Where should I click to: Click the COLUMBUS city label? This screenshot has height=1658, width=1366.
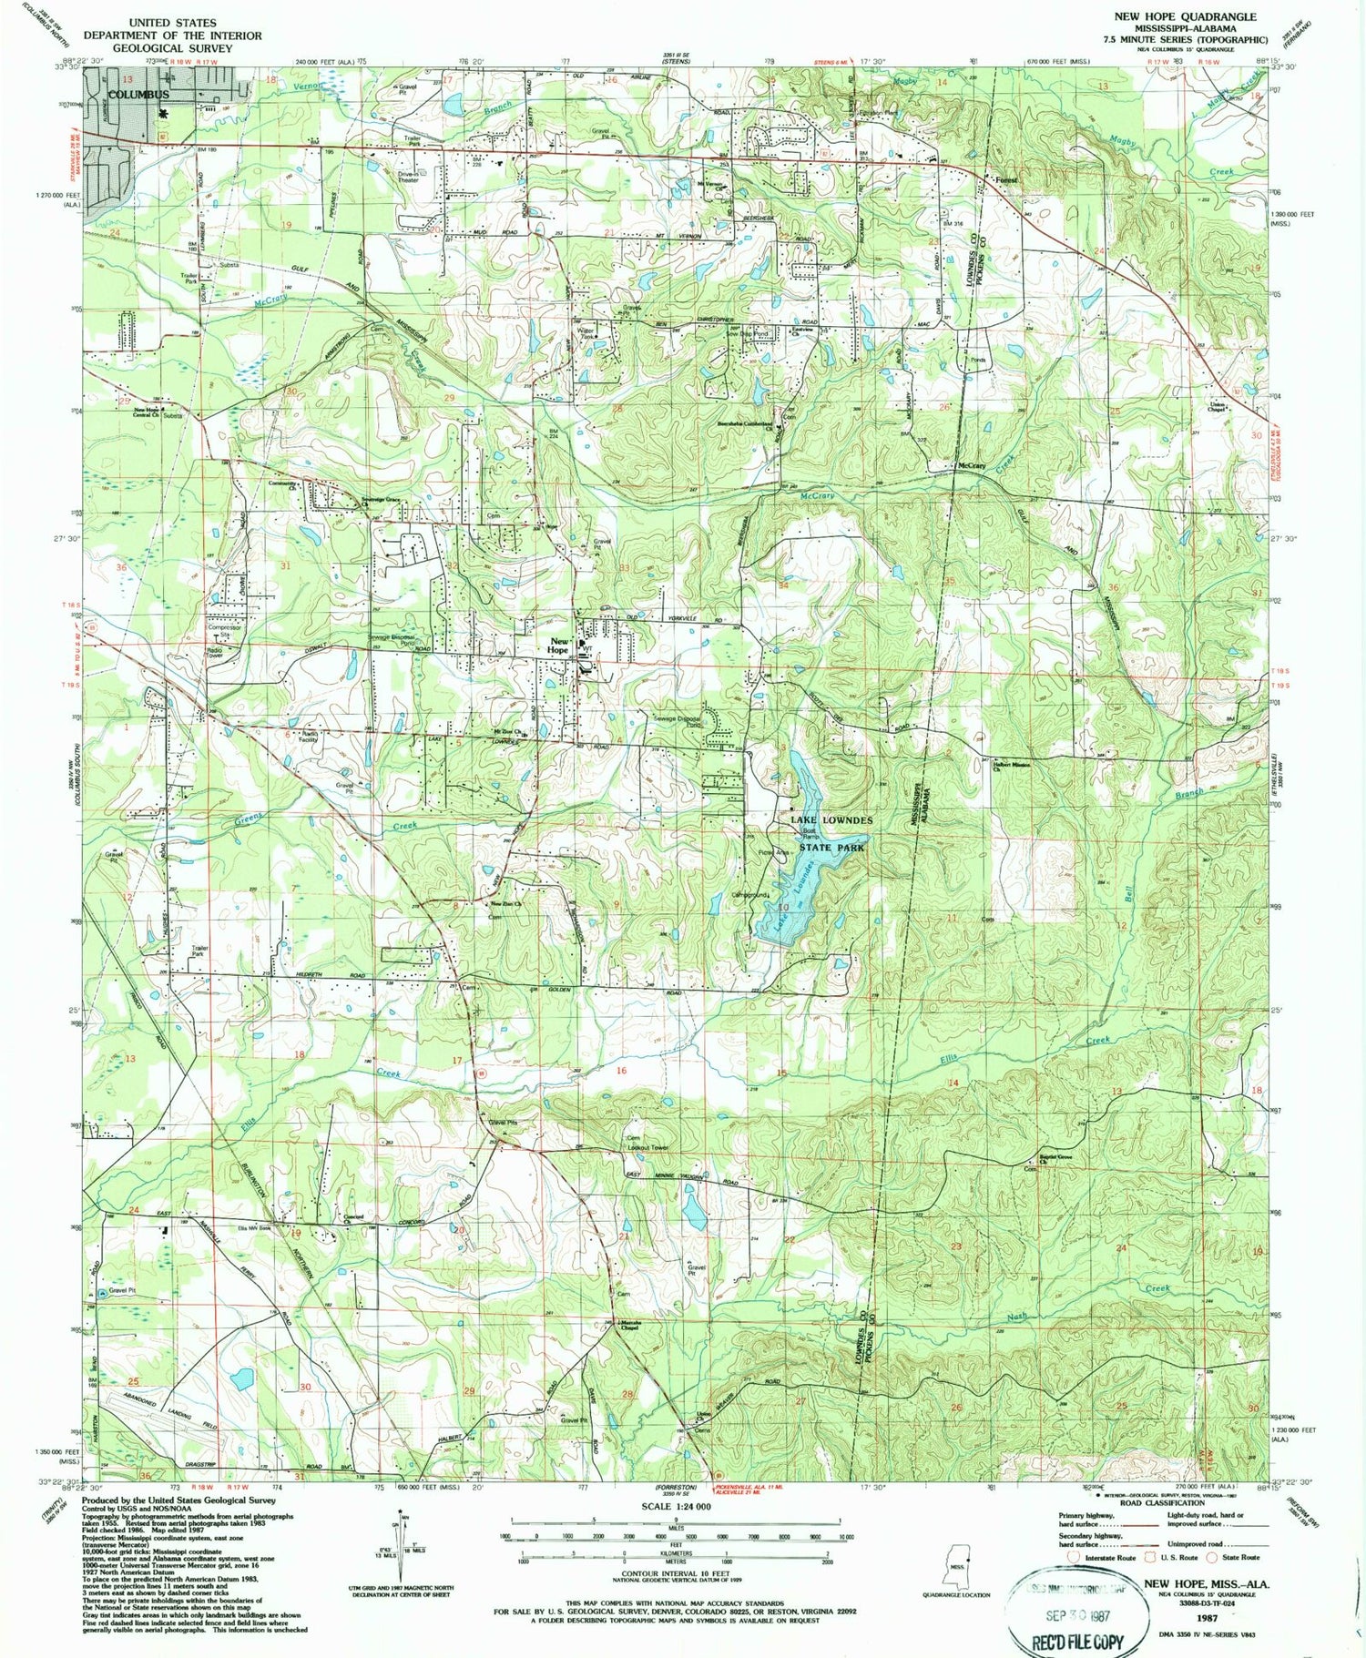(138, 95)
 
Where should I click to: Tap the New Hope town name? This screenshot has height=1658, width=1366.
(558, 646)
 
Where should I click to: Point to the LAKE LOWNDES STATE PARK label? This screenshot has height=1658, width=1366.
(831, 833)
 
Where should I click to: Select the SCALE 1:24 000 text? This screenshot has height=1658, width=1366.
(675, 1507)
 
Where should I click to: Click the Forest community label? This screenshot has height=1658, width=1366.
(1005, 180)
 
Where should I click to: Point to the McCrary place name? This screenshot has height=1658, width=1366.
(972, 466)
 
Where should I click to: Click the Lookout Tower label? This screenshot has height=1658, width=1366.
(647, 1147)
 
